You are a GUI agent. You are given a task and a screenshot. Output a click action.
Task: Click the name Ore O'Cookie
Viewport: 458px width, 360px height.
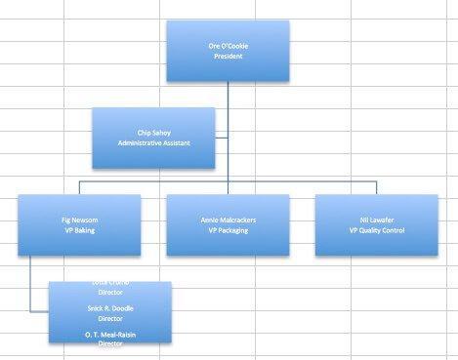[228, 46]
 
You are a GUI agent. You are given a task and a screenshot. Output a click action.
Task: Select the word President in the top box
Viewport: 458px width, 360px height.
[228, 57]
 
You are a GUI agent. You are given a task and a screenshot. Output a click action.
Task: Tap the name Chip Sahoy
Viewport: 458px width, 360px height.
[154, 131]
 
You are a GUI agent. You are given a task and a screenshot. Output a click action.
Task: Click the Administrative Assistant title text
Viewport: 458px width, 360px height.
[154, 142]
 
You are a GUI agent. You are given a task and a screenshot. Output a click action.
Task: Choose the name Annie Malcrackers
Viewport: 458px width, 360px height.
[228, 220]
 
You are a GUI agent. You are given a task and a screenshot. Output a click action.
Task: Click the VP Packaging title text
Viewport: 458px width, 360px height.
[228, 230]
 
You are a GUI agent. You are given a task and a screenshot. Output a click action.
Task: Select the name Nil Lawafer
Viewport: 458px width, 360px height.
[376, 220]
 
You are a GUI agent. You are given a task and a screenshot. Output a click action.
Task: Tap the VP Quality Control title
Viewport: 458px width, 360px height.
[376, 230]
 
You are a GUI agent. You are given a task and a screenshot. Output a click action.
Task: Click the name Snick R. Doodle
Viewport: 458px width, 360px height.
[110, 307]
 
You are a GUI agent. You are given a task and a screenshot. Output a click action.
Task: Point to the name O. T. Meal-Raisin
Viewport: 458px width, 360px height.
[110, 334]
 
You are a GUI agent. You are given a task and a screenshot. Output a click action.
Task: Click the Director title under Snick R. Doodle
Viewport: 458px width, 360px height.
[110, 318]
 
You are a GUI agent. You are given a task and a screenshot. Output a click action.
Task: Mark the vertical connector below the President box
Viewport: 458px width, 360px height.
[229, 94]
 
